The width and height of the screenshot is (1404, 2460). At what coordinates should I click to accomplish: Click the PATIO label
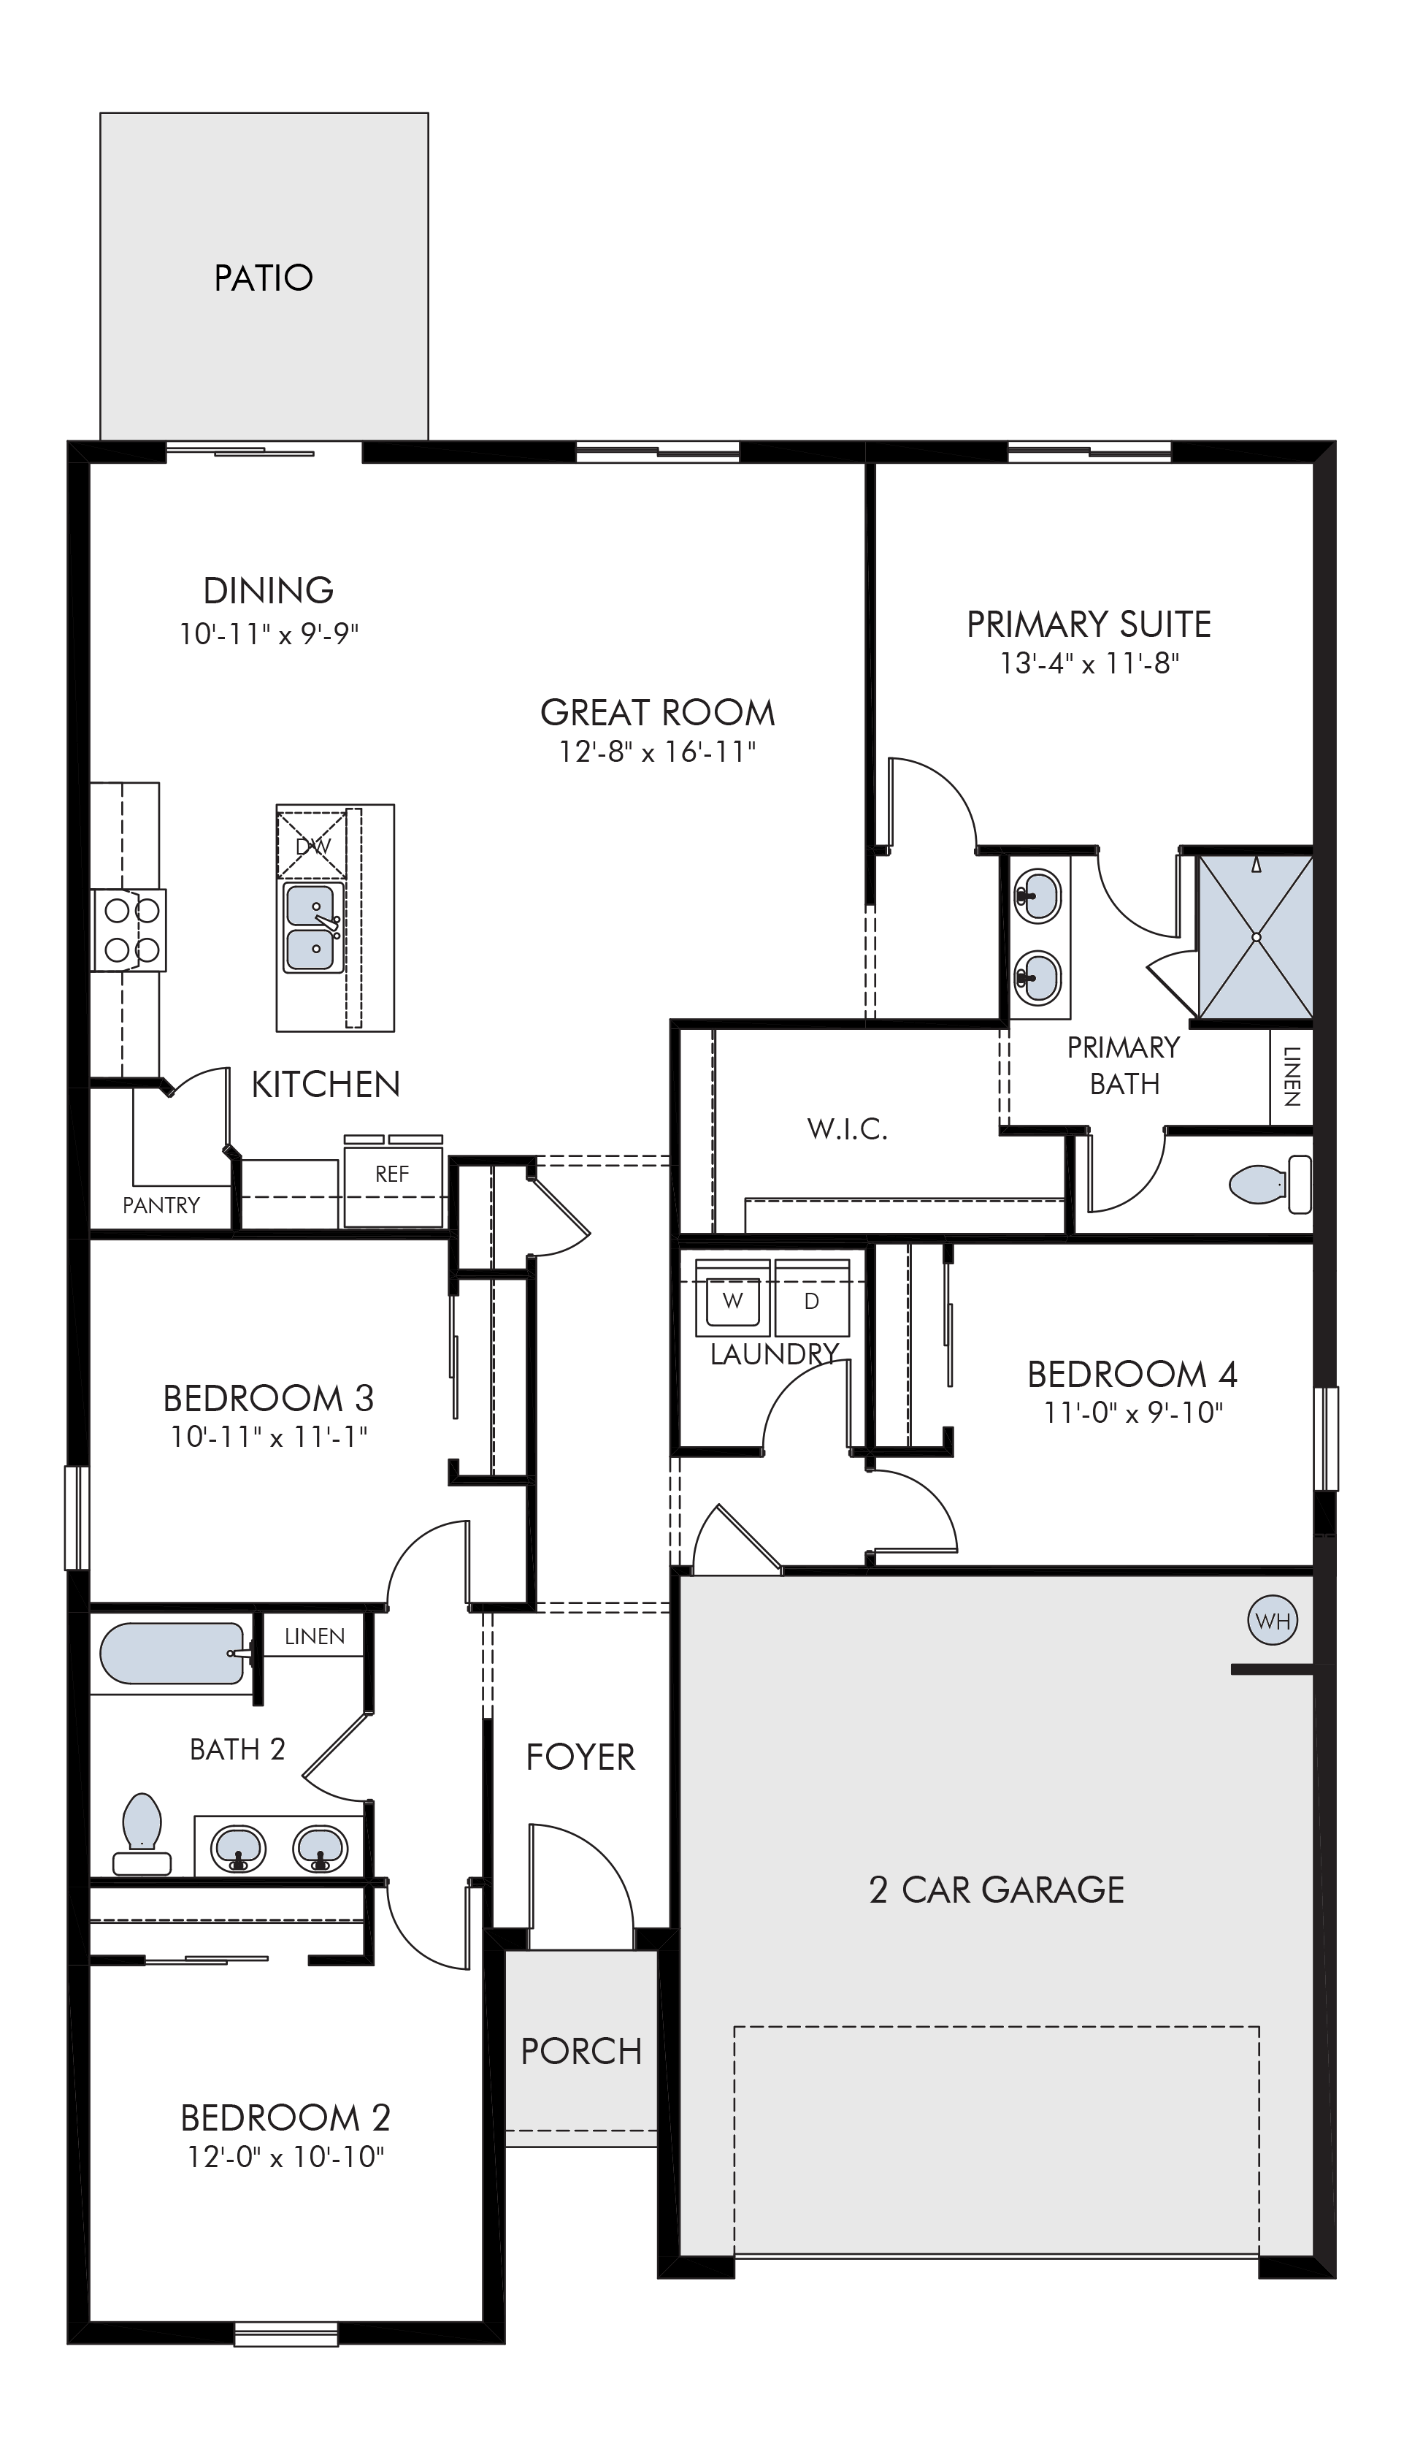point(264,278)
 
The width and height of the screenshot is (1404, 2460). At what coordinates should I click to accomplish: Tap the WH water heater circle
point(1273,1621)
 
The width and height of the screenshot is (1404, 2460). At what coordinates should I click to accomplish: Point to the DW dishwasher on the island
point(312,846)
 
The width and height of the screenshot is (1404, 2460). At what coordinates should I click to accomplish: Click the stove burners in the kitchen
point(129,930)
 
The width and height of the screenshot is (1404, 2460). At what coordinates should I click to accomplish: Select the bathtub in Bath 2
point(172,1654)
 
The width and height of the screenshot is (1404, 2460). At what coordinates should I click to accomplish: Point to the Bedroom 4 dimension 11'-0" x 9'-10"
point(1133,1413)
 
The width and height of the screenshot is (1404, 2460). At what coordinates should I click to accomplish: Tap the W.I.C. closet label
point(848,1128)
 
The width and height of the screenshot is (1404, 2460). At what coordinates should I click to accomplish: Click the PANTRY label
point(161,1205)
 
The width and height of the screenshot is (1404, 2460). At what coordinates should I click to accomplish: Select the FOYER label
point(580,1757)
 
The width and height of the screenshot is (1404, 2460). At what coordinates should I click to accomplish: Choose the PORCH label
point(581,2051)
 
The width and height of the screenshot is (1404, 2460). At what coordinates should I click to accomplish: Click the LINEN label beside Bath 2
point(315,1636)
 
